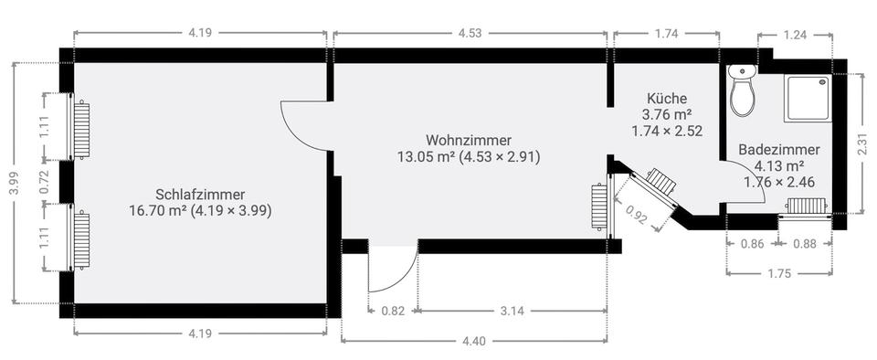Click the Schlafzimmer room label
tap(200, 195)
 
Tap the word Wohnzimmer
tap(468, 140)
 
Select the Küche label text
tap(667, 99)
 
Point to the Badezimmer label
tap(779, 150)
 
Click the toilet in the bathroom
tap(743, 90)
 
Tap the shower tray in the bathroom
tap(808, 99)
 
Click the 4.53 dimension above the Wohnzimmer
tap(470, 34)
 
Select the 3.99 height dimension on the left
tap(16, 183)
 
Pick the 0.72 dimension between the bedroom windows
tap(47, 182)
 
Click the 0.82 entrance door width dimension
tap(393, 312)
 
